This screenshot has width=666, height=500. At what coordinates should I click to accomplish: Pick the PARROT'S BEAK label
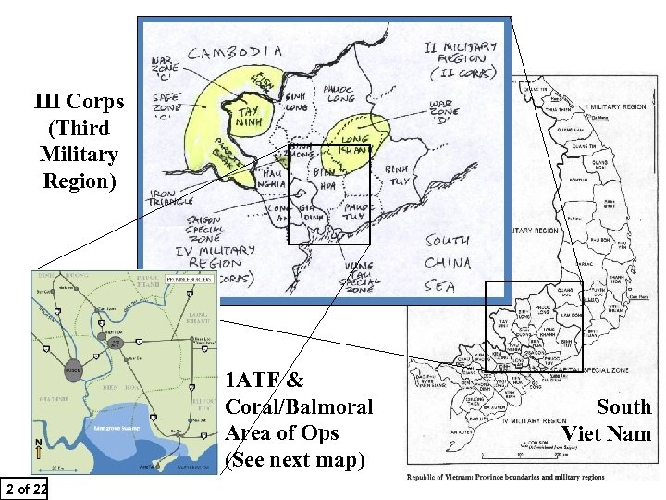pyautogui.click(x=222, y=161)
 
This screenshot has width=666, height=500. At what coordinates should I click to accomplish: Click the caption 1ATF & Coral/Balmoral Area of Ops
pyautogui.click(x=299, y=419)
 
